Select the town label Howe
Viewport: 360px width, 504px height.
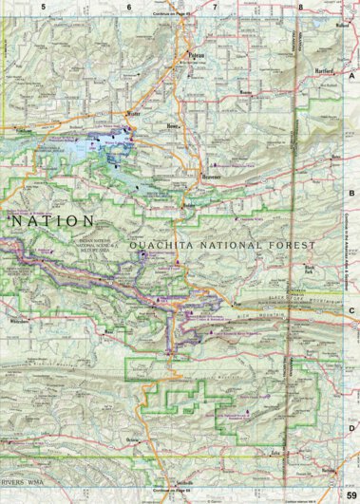(172, 125)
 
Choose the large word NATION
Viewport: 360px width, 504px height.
(53, 220)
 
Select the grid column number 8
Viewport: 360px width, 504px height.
(301, 7)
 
